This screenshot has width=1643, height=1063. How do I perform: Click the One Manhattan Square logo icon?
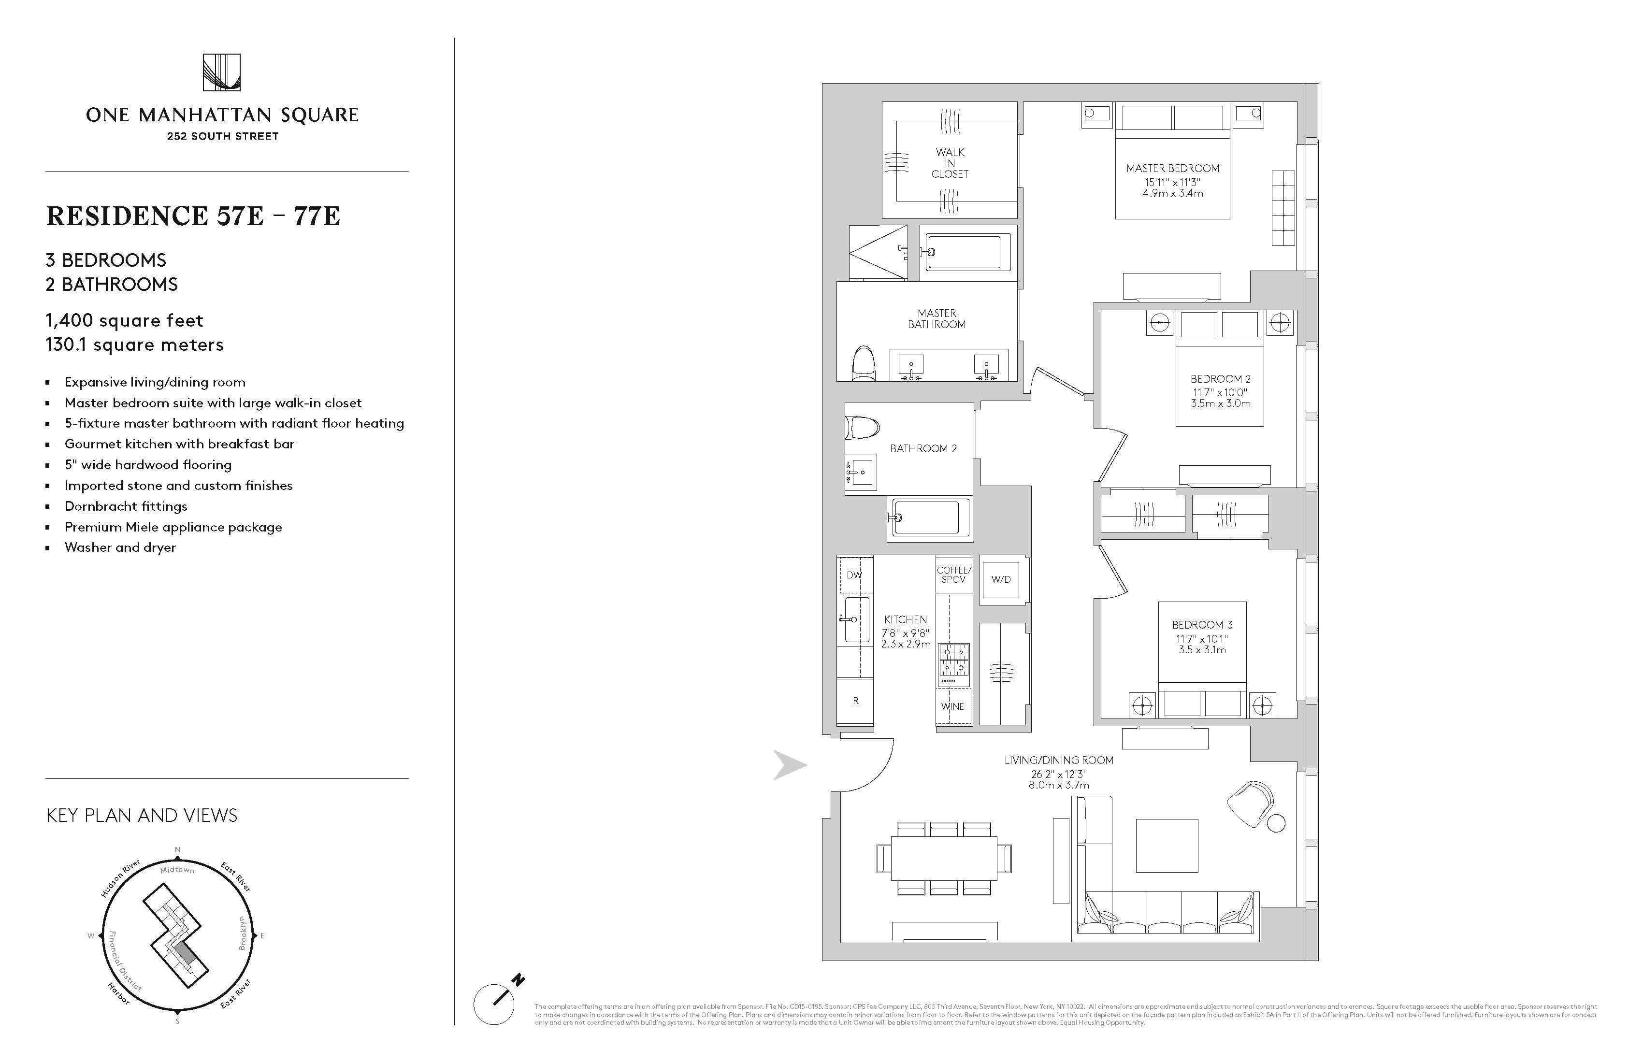click(222, 72)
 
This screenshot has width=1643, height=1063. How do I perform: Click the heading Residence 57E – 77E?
click(193, 216)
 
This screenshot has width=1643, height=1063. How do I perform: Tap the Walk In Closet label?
click(950, 163)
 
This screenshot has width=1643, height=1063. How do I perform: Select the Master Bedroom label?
click(1172, 168)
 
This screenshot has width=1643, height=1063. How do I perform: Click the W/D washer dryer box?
click(1000, 580)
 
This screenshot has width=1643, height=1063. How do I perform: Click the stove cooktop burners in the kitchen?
click(952, 660)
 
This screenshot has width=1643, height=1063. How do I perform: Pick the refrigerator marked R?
click(855, 701)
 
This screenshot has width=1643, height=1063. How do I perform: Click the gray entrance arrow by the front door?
click(789, 765)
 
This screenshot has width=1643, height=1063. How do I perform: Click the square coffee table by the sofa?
click(1167, 846)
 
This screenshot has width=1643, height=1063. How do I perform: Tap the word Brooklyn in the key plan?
click(242, 933)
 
